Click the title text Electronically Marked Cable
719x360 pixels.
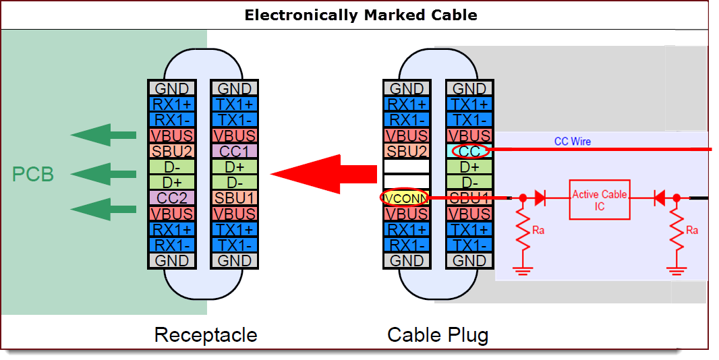click(x=360, y=15)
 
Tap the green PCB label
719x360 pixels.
click(x=32, y=175)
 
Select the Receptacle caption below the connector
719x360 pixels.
click(x=205, y=334)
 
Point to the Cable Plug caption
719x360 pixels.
click(x=438, y=334)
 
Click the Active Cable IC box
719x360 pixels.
click(x=599, y=200)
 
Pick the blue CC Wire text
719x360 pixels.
click(x=572, y=141)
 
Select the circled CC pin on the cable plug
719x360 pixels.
click(x=469, y=151)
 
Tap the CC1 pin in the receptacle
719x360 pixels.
click(x=233, y=151)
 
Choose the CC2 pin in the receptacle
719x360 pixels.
click(x=171, y=198)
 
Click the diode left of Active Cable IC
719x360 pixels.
click(x=540, y=198)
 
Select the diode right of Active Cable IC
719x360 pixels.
click(x=659, y=198)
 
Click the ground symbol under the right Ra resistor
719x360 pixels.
click(x=676, y=270)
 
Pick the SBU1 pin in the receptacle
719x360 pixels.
click(x=233, y=198)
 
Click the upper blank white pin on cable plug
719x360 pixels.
click(x=407, y=167)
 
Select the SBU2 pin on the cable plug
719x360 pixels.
click(x=407, y=151)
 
